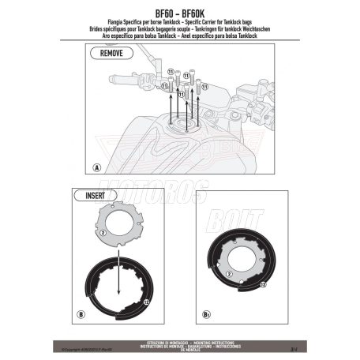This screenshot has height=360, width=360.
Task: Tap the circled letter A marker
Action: pos(96,168)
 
